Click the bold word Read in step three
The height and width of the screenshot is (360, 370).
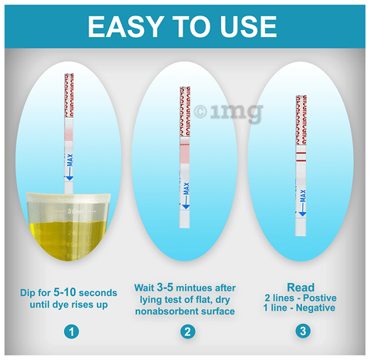click(302, 288)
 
